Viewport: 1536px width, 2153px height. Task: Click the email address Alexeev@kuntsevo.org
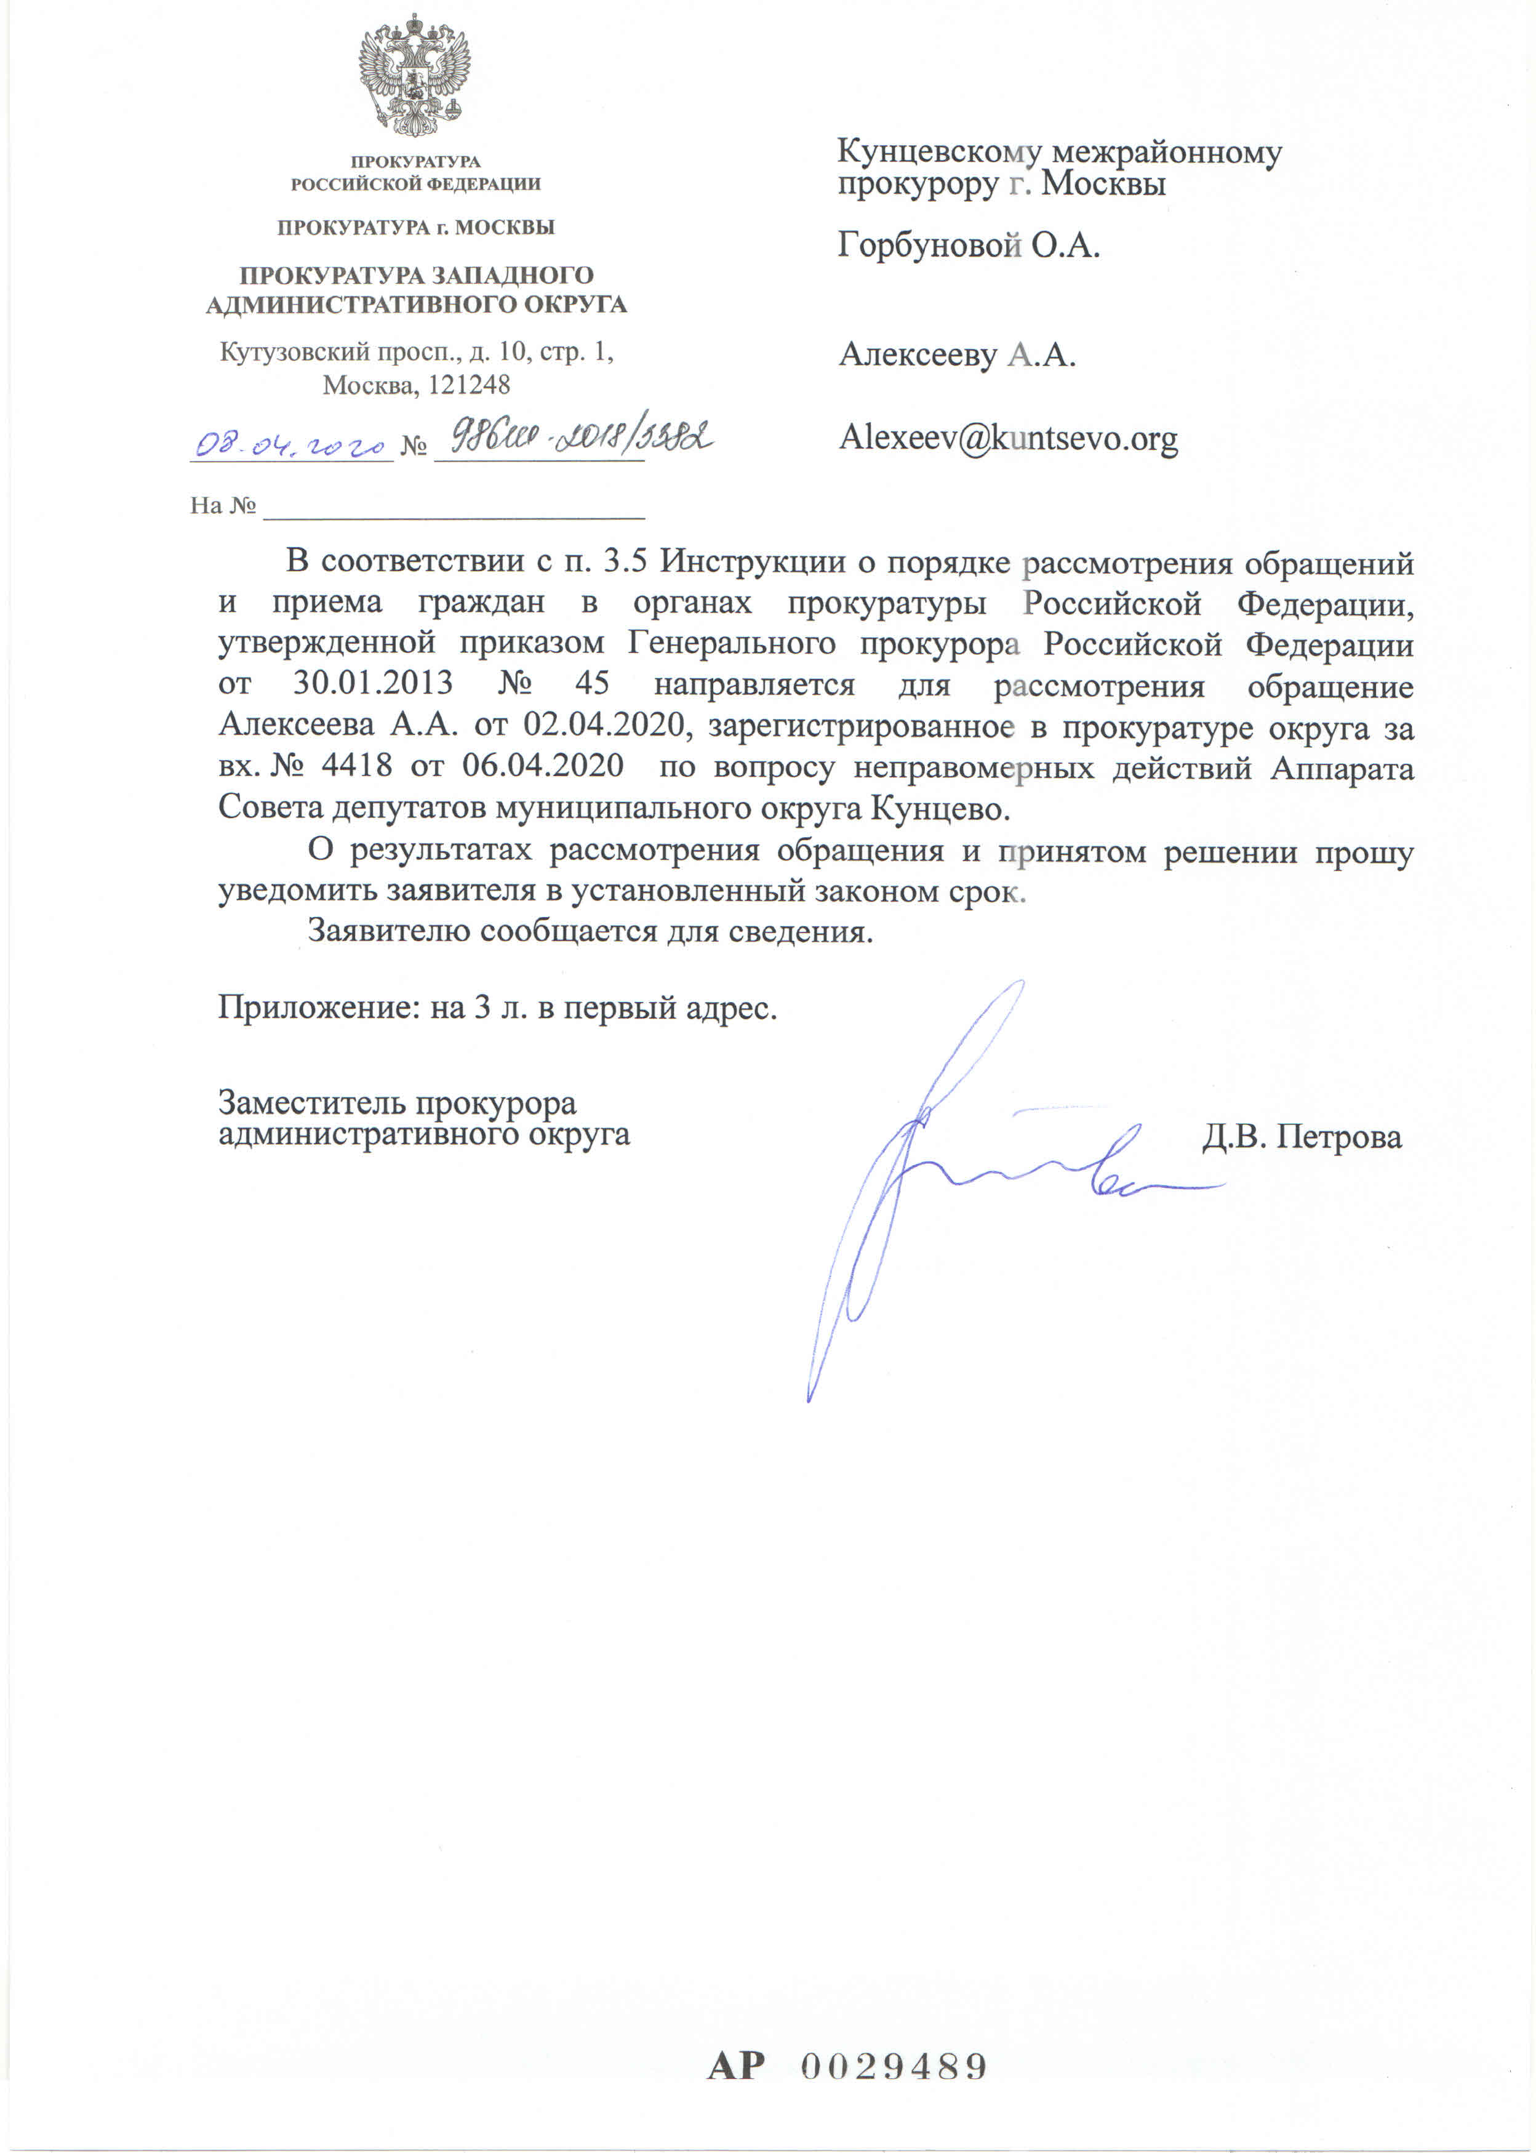coord(1008,438)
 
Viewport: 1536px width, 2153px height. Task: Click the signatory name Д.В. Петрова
coord(1302,1136)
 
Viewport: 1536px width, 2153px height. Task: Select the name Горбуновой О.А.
coord(969,246)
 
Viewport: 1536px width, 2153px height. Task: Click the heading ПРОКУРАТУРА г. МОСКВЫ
coord(415,227)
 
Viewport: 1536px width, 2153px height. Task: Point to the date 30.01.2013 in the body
coord(373,683)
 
